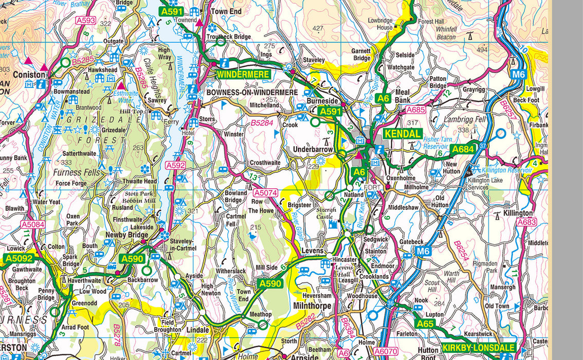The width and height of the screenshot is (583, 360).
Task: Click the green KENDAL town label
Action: click(x=403, y=134)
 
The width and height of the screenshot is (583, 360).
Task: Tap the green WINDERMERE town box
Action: click(x=243, y=74)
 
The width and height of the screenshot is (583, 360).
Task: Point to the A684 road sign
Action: click(x=462, y=149)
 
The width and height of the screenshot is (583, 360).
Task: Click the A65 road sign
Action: click(x=425, y=324)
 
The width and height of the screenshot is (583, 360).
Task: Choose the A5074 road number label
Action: click(x=265, y=193)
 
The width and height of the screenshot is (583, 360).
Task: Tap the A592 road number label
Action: click(x=175, y=166)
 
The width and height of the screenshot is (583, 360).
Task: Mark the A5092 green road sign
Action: click(x=19, y=258)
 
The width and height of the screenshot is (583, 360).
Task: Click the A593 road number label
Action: click(x=85, y=21)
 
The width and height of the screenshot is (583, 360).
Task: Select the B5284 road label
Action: click(x=262, y=123)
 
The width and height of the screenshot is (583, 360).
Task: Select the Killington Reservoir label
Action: click(x=506, y=170)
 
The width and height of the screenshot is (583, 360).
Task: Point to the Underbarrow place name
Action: click(x=313, y=149)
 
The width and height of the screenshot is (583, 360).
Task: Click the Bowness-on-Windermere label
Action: click(x=252, y=92)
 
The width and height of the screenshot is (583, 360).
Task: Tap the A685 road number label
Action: click(x=415, y=110)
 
